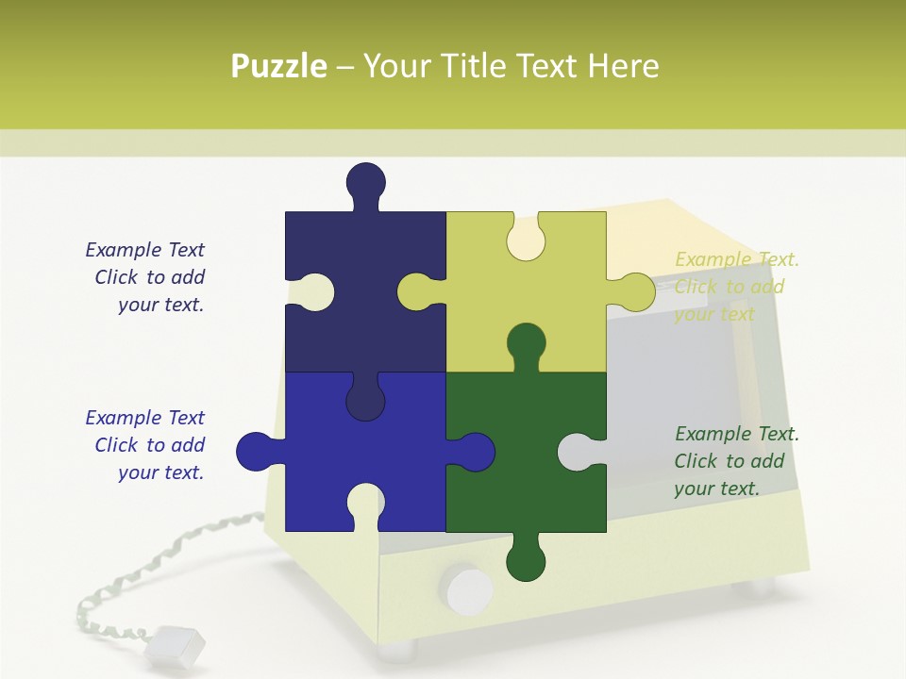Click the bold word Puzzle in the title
278,66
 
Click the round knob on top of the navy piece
365,182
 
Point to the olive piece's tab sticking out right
635,292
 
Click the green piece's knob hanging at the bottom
526,561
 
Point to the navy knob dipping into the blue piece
365,401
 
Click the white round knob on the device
468,589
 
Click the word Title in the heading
477,66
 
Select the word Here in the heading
623,66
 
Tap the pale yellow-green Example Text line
737,259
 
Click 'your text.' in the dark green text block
716,489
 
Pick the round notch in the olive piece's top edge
526,239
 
